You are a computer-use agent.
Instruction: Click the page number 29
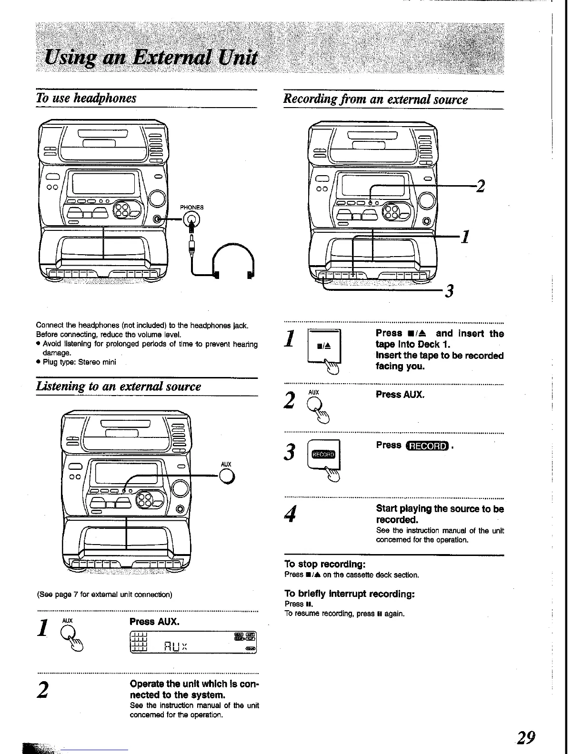click(x=526, y=737)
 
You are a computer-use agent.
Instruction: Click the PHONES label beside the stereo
click(x=191, y=207)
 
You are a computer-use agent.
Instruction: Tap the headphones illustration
click(x=233, y=262)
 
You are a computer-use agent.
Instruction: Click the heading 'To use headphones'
click(x=86, y=98)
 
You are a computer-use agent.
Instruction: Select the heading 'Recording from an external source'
click(x=375, y=99)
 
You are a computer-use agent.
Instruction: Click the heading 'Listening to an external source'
click(x=119, y=386)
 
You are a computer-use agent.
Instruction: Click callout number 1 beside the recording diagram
click(x=466, y=236)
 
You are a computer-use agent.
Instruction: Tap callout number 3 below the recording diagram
click(x=448, y=290)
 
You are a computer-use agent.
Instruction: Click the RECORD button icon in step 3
click(x=324, y=454)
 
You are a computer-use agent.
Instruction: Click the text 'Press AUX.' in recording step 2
click(x=400, y=395)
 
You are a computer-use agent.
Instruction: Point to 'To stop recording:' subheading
click(x=324, y=564)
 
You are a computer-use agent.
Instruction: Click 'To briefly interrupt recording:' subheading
click(x=350, y=594)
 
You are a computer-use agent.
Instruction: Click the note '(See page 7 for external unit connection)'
click(x=104, y=595)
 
